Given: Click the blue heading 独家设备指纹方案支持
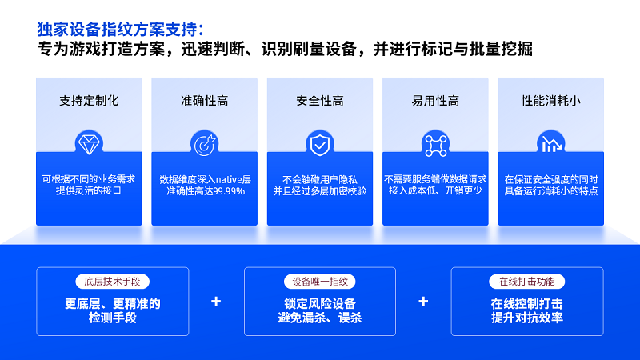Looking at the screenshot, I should pos(119,29).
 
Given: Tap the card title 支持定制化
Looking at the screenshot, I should pos(89,101).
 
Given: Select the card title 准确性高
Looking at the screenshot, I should pos(204,101).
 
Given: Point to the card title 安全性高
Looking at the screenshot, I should pos(320,101).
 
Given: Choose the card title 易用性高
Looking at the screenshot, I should pos(435,101).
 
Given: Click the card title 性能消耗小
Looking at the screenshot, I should pos(550,101).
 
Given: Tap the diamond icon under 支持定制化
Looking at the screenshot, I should pos(88,144).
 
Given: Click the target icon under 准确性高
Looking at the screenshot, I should pos(203,144).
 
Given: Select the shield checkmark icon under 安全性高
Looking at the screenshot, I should pos(319,144).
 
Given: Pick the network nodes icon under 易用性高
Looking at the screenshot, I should pos(435,144).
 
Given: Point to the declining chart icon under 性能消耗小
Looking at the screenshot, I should pos(550,144).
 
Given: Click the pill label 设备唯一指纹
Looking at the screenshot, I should pos(319,282).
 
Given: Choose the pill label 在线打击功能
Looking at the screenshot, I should pos(526,282).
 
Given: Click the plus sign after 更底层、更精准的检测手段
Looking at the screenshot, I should pos(216,302).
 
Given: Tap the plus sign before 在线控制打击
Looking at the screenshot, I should pos(423,302).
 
